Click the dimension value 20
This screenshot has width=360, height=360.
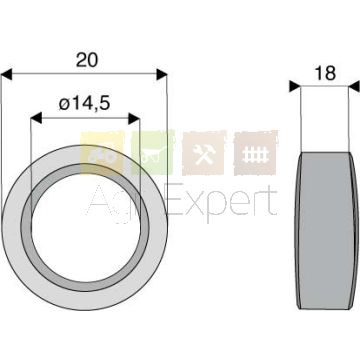click(x=87, y=60)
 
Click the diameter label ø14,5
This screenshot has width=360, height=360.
click(x=84, y=104)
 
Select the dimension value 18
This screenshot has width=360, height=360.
click(x=325, y=73)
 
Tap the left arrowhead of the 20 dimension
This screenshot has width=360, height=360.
click(x=7, y=75)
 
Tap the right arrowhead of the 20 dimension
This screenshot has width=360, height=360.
click(x=162, y=75)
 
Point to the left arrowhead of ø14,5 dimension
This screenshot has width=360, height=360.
click(x=36, y=118)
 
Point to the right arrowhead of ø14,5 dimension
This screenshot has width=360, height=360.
click(x=134, y=118)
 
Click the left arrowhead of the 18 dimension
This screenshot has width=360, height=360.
click(x=295, y=86)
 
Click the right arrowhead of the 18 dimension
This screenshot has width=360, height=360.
click(x=354, y=86)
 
